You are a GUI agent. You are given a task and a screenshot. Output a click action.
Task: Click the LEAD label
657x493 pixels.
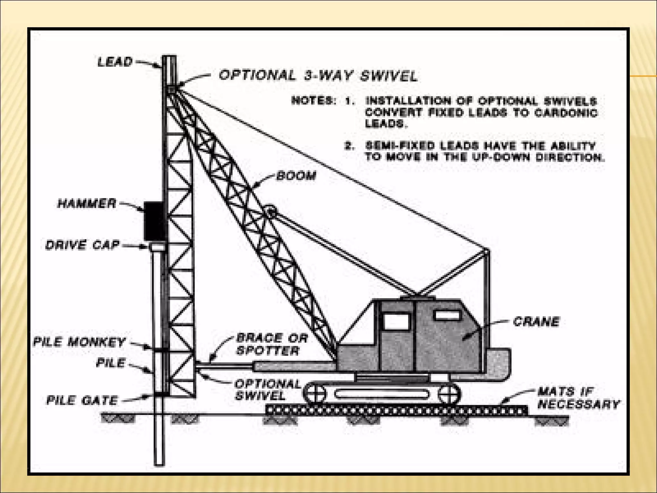coord(115,62)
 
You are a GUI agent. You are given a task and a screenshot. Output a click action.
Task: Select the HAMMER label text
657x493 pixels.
coord(87,203)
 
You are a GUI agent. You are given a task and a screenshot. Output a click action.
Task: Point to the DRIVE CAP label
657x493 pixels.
coord(82,245)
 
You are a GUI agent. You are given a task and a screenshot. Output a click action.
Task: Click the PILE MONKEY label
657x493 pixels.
coord(79,342)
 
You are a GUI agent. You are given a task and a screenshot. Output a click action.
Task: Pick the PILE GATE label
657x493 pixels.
coord(82,400)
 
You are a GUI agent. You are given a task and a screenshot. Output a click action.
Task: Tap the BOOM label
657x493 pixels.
coord(296,176)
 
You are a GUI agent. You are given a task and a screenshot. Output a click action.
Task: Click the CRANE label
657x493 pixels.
coord(536,322)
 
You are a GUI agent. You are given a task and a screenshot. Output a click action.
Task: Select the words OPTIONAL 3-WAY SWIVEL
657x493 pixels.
coord(318,76)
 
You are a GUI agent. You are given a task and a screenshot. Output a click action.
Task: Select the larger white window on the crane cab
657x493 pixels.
coord(396,321)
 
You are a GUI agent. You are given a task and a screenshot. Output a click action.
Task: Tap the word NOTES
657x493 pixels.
coord(313,101)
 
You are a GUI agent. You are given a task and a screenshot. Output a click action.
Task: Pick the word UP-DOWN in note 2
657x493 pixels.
coord(506,157)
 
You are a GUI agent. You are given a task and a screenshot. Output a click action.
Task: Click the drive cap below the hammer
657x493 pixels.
coord(156,246)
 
